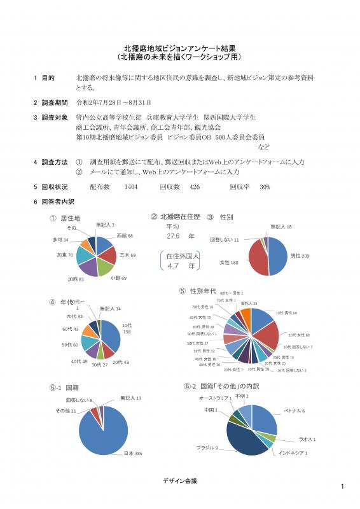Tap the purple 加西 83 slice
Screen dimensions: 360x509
coord(88,266)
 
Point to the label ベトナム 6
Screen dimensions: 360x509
coord(294,411)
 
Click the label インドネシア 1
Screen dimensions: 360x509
coord(293,453)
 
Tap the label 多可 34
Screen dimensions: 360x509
coord(60,239)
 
